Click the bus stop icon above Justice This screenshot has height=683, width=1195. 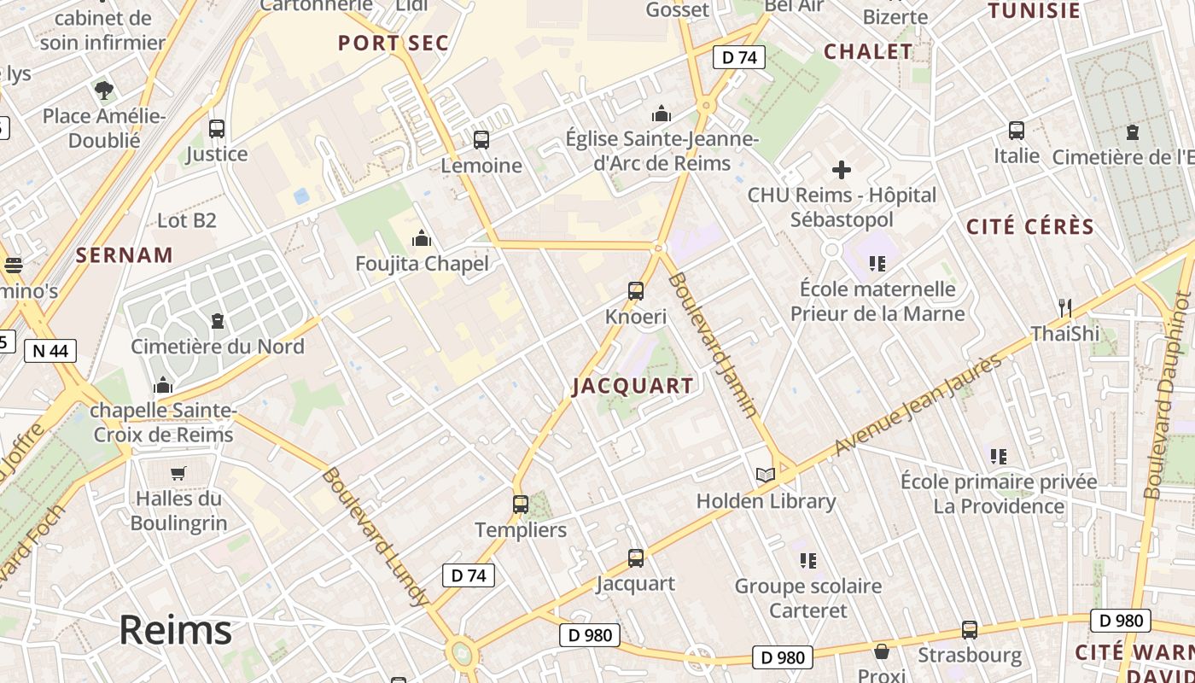coord(217,129)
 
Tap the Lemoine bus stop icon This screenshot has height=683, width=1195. coord(481,140)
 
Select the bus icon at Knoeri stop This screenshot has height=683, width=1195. coord(636,291)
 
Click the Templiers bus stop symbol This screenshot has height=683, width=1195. coord(521,505)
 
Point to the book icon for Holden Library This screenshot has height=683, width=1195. coord(766,476)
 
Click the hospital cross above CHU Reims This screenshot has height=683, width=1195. coord(842,170)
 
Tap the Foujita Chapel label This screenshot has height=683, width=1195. coord(423,263)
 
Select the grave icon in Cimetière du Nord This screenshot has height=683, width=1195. coord(218,322)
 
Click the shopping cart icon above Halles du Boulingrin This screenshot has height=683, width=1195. coord(178,473)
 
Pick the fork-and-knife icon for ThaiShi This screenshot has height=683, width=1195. coord(1064,307)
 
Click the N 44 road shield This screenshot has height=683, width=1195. coord(50,350)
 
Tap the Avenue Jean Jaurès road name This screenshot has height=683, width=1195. coord(918,405)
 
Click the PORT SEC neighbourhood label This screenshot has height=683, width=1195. coord(393,44)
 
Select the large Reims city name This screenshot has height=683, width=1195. coord(175,630)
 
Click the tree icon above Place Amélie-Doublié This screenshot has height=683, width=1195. coord(104,90)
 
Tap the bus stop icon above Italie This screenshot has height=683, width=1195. coord(1017,131)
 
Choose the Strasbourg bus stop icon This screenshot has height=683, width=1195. coord(970,630)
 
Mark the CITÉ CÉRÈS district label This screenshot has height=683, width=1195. coord(1029,227)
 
